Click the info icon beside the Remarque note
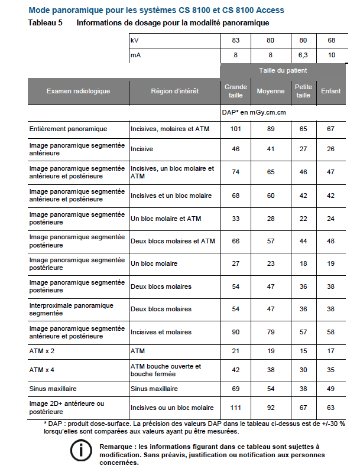pyautogui.click(x=80, y=451)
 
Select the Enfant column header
pyautogui.click(x=330, y=92)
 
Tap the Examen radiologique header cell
pyautogui.click(x=79, y=92)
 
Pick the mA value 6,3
pyautogui.click(x=303, y=55)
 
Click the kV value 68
pyautogui.click(x=330, y=40)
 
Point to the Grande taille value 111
pyautogui.click(x=236, y=408)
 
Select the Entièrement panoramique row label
pyautogui.click(x=68, y=129)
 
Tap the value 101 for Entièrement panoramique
pyautogui.click(x=236, y=129)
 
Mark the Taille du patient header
pyautogui.click(x=283, y=70)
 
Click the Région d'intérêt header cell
pyautogui.click(x=174, y=92)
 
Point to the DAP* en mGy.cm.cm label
pyautogui.click(x=254, y=112)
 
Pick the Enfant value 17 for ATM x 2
pyautogui.click(x=330, y=351)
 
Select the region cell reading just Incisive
pyautogui.click(x=142, y=149)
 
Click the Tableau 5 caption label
pyautogui.click(x=46, y=23)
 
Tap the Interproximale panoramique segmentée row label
pyautogui.click(x=71, y=309)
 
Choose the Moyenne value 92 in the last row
pyautogui.click(x=270, y=408)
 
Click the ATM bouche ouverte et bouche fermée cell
pyautogui.click(x=166, y=370)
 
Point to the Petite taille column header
pyautogui.click(x=303, y=92)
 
